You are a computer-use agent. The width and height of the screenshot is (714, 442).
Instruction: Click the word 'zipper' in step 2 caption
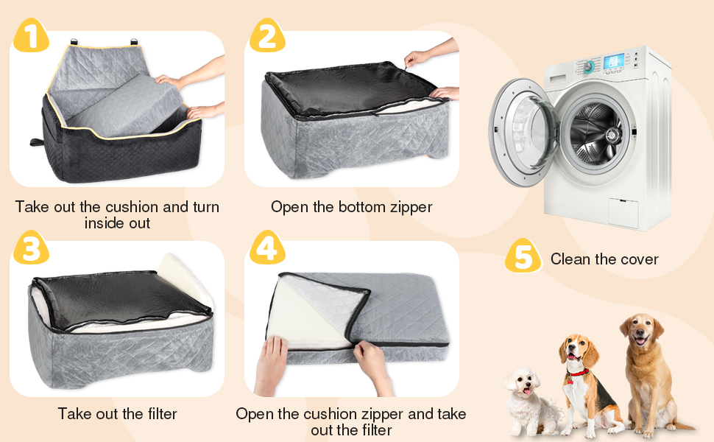coord(409,207)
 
